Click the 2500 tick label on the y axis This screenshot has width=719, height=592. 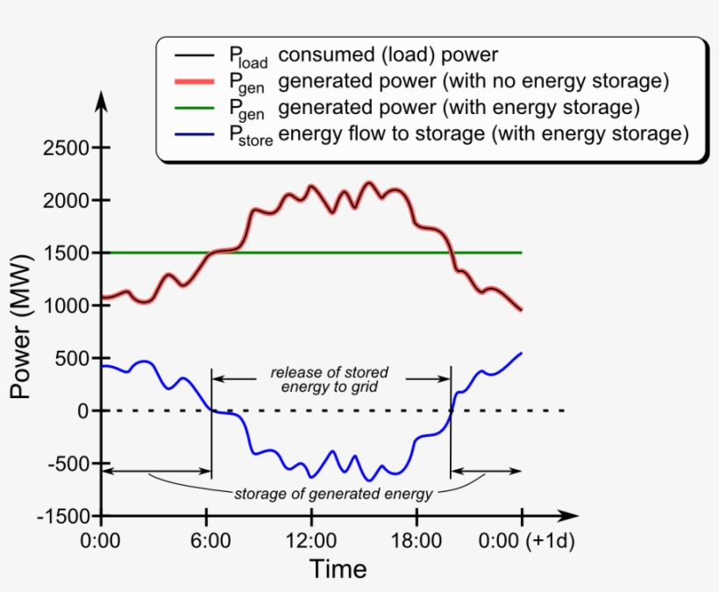point(65,148)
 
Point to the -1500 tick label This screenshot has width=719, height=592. point(62,517)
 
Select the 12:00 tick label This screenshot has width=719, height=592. point(310,540)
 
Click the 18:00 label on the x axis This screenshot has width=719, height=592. point(416,540)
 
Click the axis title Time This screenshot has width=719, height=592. point(338,569)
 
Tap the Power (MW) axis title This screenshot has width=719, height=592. point(20,325)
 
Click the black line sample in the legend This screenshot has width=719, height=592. point(190,55)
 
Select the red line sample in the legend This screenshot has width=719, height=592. point(190,82)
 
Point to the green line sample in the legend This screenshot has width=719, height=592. point(190,108)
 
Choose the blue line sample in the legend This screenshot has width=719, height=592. point(190,134)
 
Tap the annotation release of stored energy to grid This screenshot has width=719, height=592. point(330,379)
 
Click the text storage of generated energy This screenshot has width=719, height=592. point(333,494)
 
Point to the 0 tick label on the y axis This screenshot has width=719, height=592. point(83,411)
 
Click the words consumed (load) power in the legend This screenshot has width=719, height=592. point(388,55)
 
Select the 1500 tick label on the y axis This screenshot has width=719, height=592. point(65,253)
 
